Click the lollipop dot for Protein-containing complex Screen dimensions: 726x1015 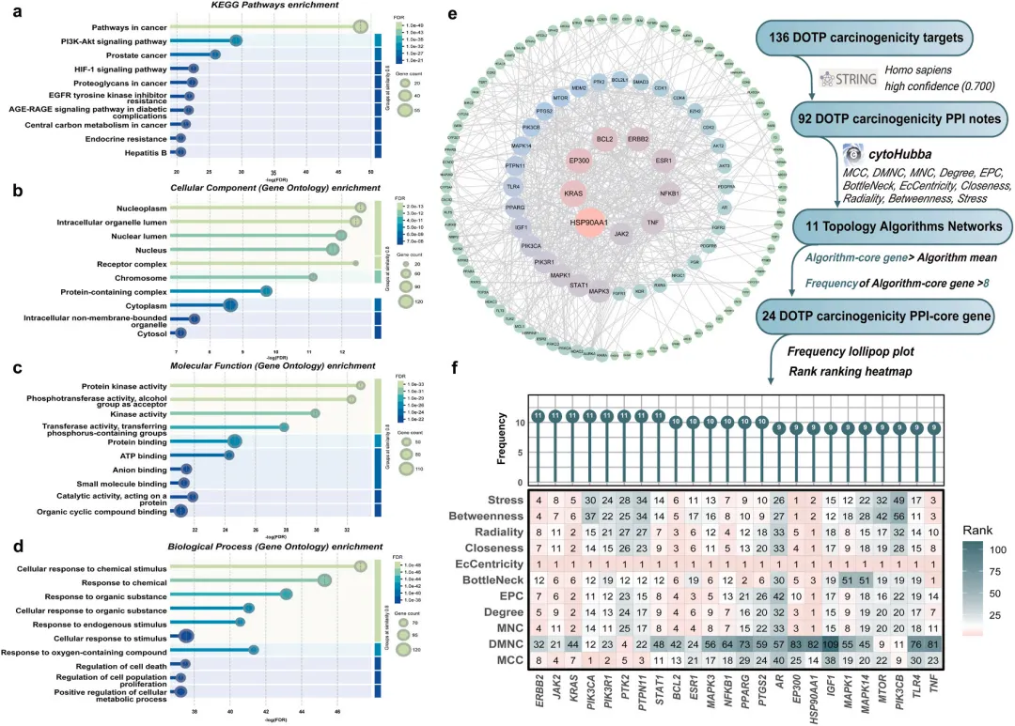click(x=266, y=290)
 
